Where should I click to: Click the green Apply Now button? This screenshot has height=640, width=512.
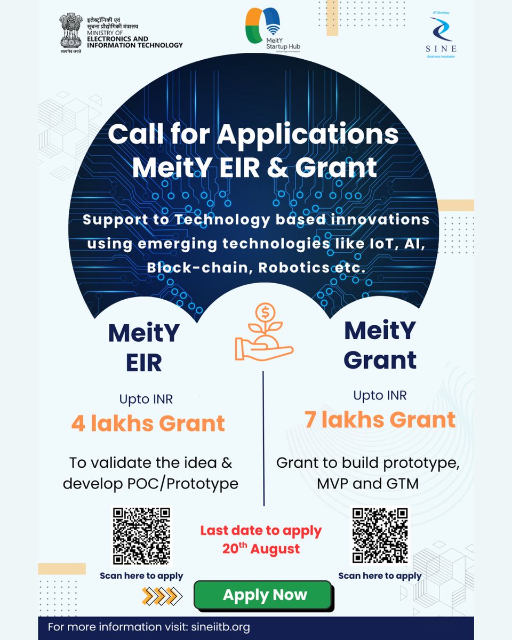coord(265,595)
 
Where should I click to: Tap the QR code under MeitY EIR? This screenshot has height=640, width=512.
coord(141,536)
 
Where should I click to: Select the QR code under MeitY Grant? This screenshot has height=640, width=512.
coord(380,535)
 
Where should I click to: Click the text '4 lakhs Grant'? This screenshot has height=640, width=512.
coord(148,423)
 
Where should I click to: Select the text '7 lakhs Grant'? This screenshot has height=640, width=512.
coord(380,420)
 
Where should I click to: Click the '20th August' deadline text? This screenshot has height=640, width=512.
coord(261,548)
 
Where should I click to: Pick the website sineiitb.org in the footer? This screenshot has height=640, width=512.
coord(219,627)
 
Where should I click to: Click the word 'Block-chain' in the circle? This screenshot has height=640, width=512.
coord(198,267)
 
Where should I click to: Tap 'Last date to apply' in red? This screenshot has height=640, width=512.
coord(261,531)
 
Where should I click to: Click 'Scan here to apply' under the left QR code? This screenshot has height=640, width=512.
coord(141,576)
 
